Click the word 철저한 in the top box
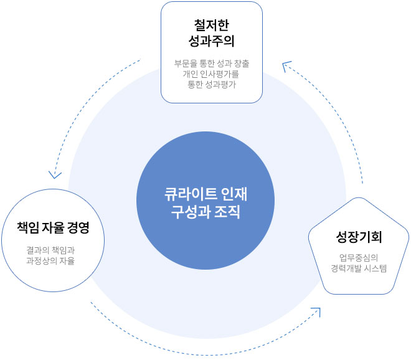212,25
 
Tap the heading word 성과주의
212,41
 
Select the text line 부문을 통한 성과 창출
212,63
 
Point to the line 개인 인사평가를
211,74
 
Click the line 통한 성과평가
212,85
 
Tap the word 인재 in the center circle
234,194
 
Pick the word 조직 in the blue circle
227,212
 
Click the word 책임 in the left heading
28,227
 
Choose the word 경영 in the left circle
78,227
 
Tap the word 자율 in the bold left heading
53,227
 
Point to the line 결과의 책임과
50,250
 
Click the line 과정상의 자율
50,261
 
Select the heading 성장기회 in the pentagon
359,237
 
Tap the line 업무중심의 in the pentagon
359,258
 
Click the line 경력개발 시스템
359,268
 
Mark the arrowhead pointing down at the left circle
55,176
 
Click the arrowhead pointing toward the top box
286,66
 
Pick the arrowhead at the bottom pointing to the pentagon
316,311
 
